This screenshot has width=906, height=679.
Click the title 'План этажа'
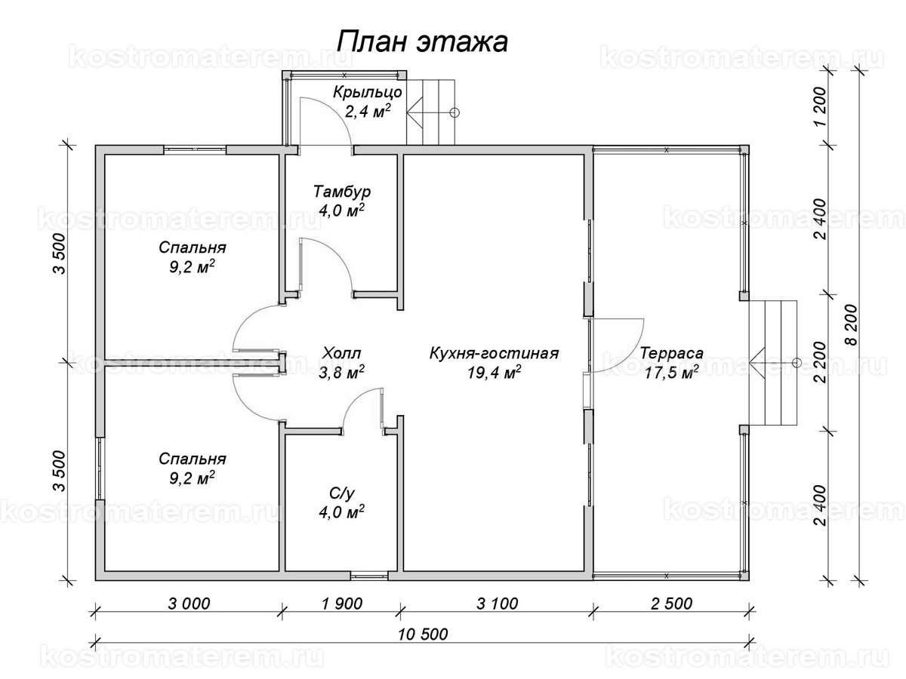[x=421, y=41]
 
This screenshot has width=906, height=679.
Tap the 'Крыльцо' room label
[x=368, y=93]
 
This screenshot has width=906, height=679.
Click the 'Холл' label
[x=341, y=353]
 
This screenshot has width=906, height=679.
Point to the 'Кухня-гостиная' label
[x=494, y=353]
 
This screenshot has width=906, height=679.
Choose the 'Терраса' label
[x=671, y=353]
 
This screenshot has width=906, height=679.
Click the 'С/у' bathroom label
[x=341, y=493]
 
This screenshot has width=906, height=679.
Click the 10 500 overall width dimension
[x=421, y=634]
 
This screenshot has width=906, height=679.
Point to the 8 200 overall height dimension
[x=852, y=324]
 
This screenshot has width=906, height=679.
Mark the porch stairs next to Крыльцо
[x=432, y=112]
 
